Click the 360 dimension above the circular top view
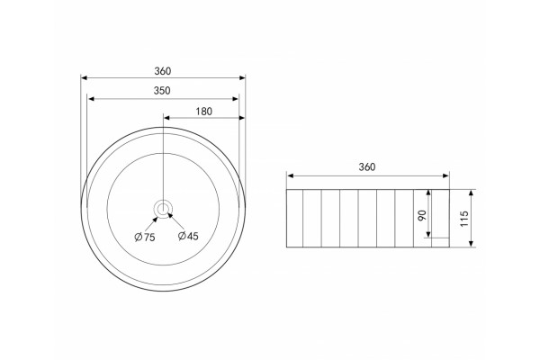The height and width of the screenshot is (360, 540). (x=163, y=71)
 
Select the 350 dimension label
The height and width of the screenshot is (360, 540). (x=162, y=91)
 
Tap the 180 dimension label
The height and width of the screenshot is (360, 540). (x=204, y=112)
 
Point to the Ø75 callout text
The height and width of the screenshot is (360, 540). (x=145, y=237)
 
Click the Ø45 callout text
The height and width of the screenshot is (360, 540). (x=188, y=236)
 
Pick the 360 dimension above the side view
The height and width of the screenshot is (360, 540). (x=367, y=167)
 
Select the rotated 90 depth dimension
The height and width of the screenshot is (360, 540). (x=422, y=215)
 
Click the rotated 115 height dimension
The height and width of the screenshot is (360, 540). (x=464, y=219)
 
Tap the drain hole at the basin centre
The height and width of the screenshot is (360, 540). (x=163, y=209)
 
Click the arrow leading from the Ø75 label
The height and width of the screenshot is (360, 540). (x=151, y=224)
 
